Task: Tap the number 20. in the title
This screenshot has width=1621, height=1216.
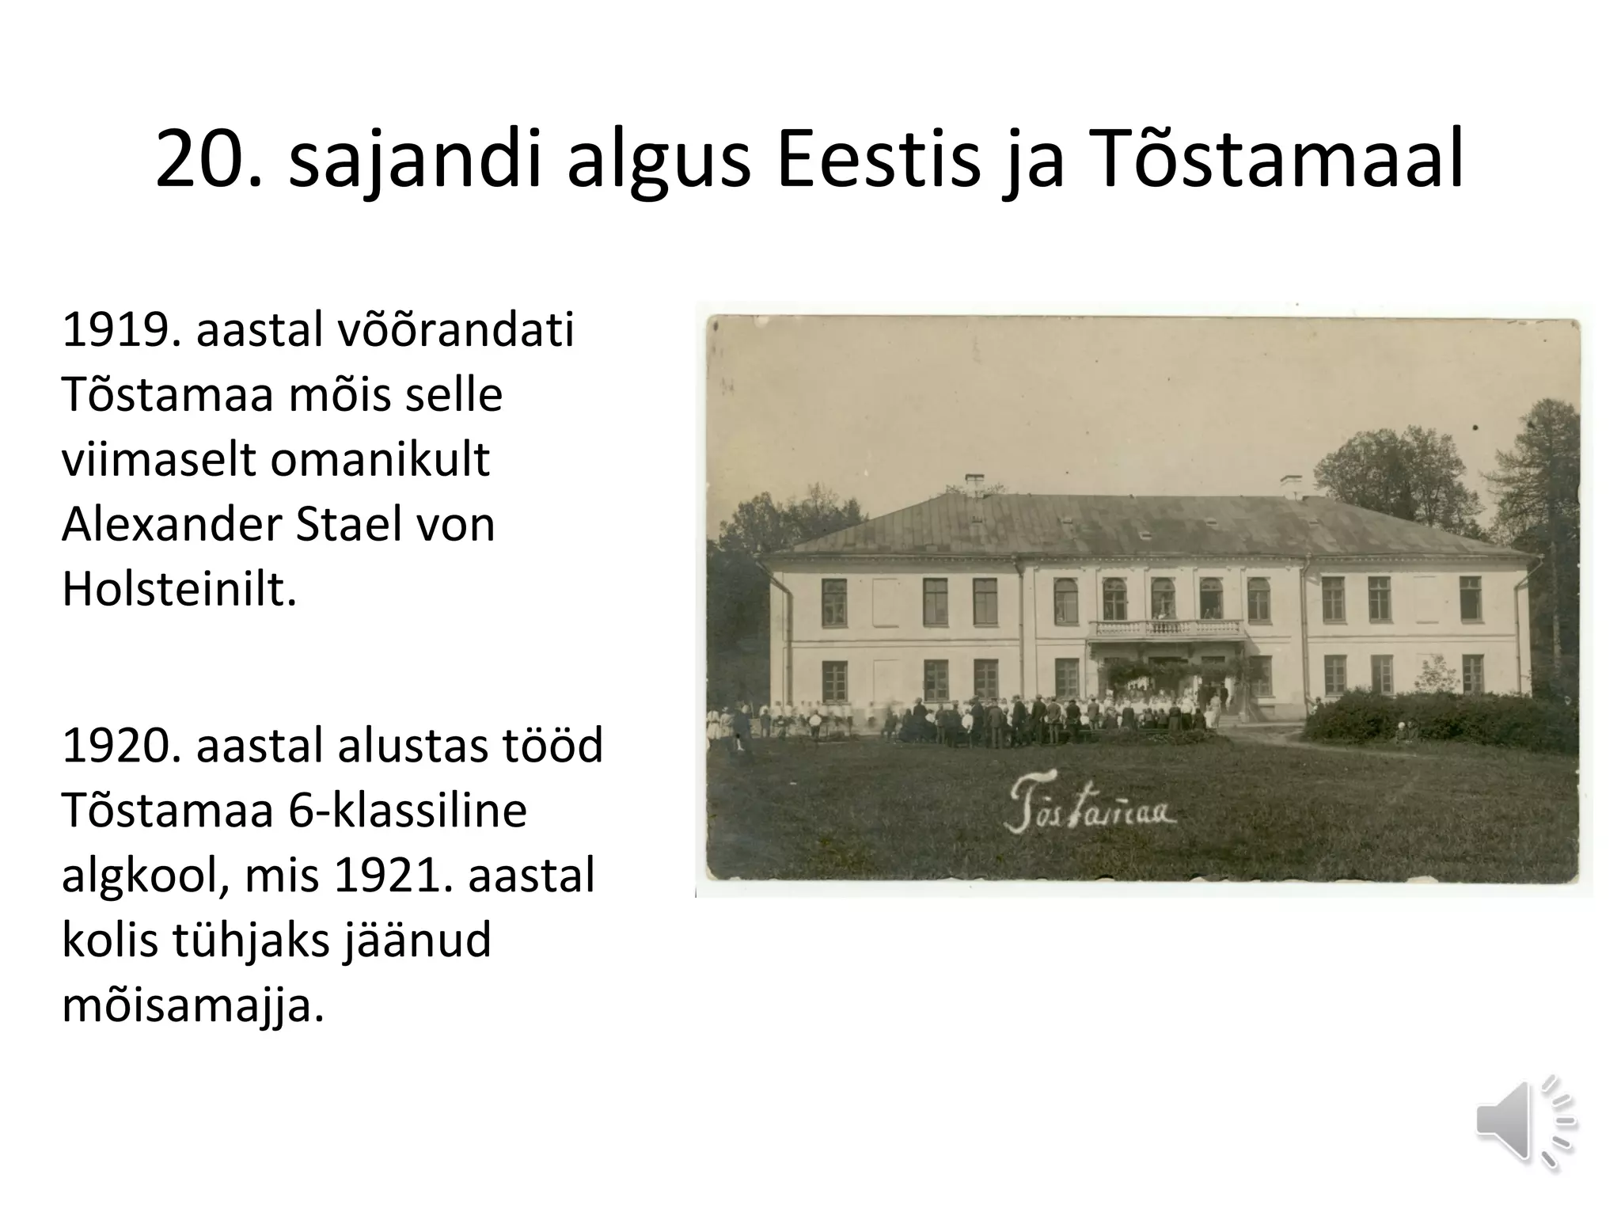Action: tap(208, 161)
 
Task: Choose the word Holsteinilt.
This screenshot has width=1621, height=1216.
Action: tap(179, 589)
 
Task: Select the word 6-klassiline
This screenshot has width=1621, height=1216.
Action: tap(408, 811)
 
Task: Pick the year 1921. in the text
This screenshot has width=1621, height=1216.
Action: tap(388, 876)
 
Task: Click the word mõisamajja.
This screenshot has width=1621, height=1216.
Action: tap(193, 1005)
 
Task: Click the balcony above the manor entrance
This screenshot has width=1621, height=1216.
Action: tap(1167, 629)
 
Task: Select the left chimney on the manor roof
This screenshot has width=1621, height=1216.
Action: tap(975, 484)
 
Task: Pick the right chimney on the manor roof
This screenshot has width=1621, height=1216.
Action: tap(1292, 485)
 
